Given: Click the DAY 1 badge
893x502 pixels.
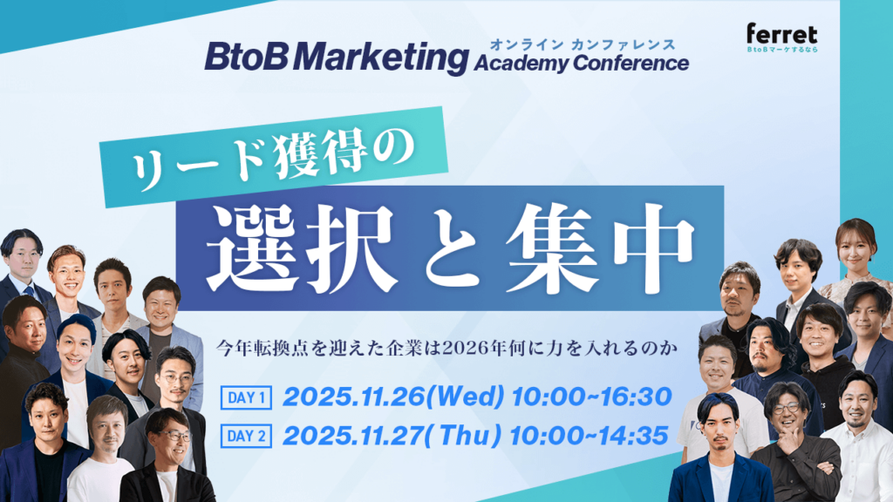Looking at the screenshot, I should point(249,398).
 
